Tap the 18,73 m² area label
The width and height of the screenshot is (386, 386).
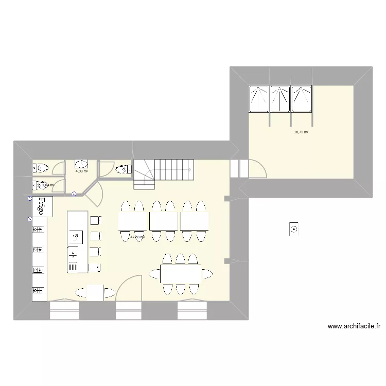point(301,132)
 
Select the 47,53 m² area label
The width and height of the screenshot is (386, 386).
point(137,237)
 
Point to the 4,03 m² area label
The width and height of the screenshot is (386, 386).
point(81,171)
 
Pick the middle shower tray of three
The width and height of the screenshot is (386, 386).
point(279,98)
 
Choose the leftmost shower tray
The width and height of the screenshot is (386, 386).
point(258,98)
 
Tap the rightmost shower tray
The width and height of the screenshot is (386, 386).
point(301,98)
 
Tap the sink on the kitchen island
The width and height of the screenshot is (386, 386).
point(75,237)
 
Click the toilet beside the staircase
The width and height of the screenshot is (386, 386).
point(123,169)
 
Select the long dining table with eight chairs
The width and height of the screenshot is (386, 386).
point(181,273)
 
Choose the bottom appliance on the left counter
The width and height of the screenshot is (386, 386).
point(38,290)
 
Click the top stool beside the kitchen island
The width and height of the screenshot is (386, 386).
point(95,221)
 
